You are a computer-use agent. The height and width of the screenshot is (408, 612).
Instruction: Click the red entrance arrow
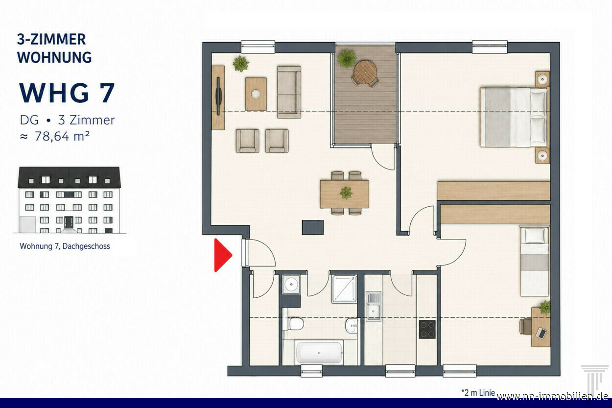tap(222, 255)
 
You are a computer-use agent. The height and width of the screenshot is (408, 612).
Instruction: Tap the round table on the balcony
tap(365, 72)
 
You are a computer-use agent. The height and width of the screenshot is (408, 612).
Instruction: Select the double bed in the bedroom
tap(515, 117)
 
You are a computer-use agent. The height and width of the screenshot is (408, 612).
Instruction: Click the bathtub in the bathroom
tap(319, 353)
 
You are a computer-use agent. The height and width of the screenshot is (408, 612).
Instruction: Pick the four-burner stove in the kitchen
tap(427, 329)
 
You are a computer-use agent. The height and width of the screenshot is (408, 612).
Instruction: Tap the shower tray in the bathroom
tap(344, 289)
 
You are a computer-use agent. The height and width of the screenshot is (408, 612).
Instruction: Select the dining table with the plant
tap(345, 194)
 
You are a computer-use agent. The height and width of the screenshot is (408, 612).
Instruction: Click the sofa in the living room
tap(289, 92)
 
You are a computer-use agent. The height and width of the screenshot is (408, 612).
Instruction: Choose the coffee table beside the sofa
tap(256, 94)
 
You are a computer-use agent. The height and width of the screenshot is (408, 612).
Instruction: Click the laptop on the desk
tap(541, 333)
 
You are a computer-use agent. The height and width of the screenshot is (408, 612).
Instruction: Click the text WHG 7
tap(67, 93)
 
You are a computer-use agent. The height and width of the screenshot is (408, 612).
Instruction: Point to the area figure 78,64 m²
tap(62, 136)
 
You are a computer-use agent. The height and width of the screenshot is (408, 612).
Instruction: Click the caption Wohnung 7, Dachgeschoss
tap(65, 246)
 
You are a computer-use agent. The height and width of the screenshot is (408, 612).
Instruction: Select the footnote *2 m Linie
tap(478, 393)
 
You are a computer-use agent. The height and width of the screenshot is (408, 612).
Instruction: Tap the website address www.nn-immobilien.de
tap(552, 396)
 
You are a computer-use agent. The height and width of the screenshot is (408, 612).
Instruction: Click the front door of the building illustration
tap(69, 222)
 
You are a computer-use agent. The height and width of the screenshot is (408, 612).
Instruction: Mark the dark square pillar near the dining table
tap(312, 227)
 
